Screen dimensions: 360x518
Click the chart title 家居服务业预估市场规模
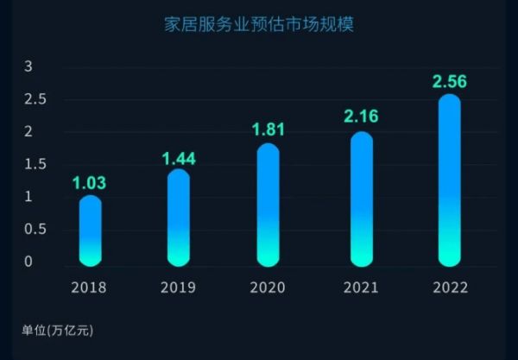[x=258, y=24]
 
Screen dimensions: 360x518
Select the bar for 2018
[x=91, y=231]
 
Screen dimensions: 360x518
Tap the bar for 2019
[x=178, y=218]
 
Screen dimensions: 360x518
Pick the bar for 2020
[x=268, y=205]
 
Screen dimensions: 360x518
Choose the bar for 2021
[x=361, y=199]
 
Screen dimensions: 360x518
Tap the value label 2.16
[x=361, y=117]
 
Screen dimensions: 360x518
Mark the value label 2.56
[x=449, y=82]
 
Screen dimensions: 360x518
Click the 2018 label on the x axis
[x=91, y=287]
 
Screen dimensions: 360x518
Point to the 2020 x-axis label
[x=268, y=287]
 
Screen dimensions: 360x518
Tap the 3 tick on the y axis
[x=28, y=66]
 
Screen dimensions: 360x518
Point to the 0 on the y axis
[x=28, y=262]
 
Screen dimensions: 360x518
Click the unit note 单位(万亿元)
[x=57, y=331]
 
